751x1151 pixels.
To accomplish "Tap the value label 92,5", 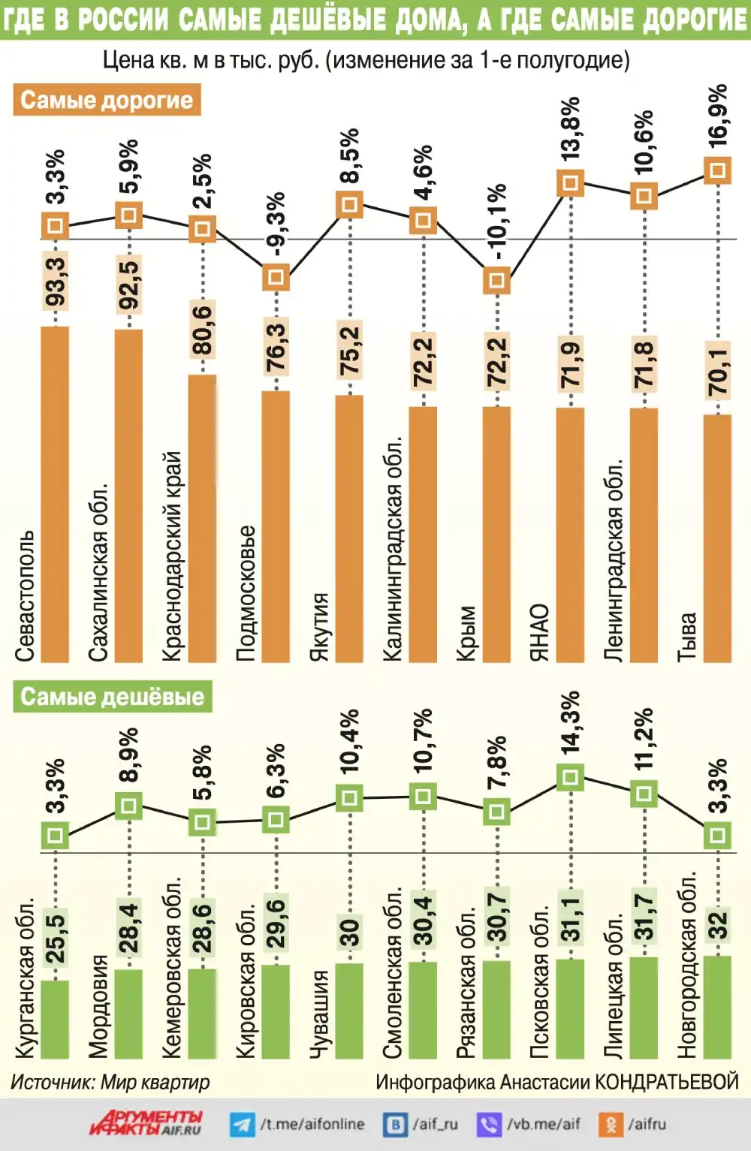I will point(128,285).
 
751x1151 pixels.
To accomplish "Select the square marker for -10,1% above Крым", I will point(496,280).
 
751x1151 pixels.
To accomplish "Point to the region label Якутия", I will point(319,627).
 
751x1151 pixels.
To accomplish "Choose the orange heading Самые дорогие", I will point(107,100).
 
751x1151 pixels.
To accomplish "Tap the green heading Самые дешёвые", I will point(112,696).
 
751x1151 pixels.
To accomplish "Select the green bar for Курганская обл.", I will point(55,1019).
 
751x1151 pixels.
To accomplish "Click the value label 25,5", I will point(56,939).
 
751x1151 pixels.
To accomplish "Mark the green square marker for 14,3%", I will point(570,777).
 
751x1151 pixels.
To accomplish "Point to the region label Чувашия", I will point(319,1014).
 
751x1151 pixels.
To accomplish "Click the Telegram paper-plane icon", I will point(242,1124).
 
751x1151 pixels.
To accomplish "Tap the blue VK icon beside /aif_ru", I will point(395,1124).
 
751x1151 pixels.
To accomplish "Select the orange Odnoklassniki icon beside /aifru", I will point(611,1124).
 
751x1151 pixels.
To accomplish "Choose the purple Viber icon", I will point(489,1124).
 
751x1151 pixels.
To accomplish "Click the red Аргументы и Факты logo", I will point(146,1122).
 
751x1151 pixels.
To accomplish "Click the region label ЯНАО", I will point(540,632).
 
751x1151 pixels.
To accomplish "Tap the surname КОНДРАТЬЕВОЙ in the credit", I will point(667,1082).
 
